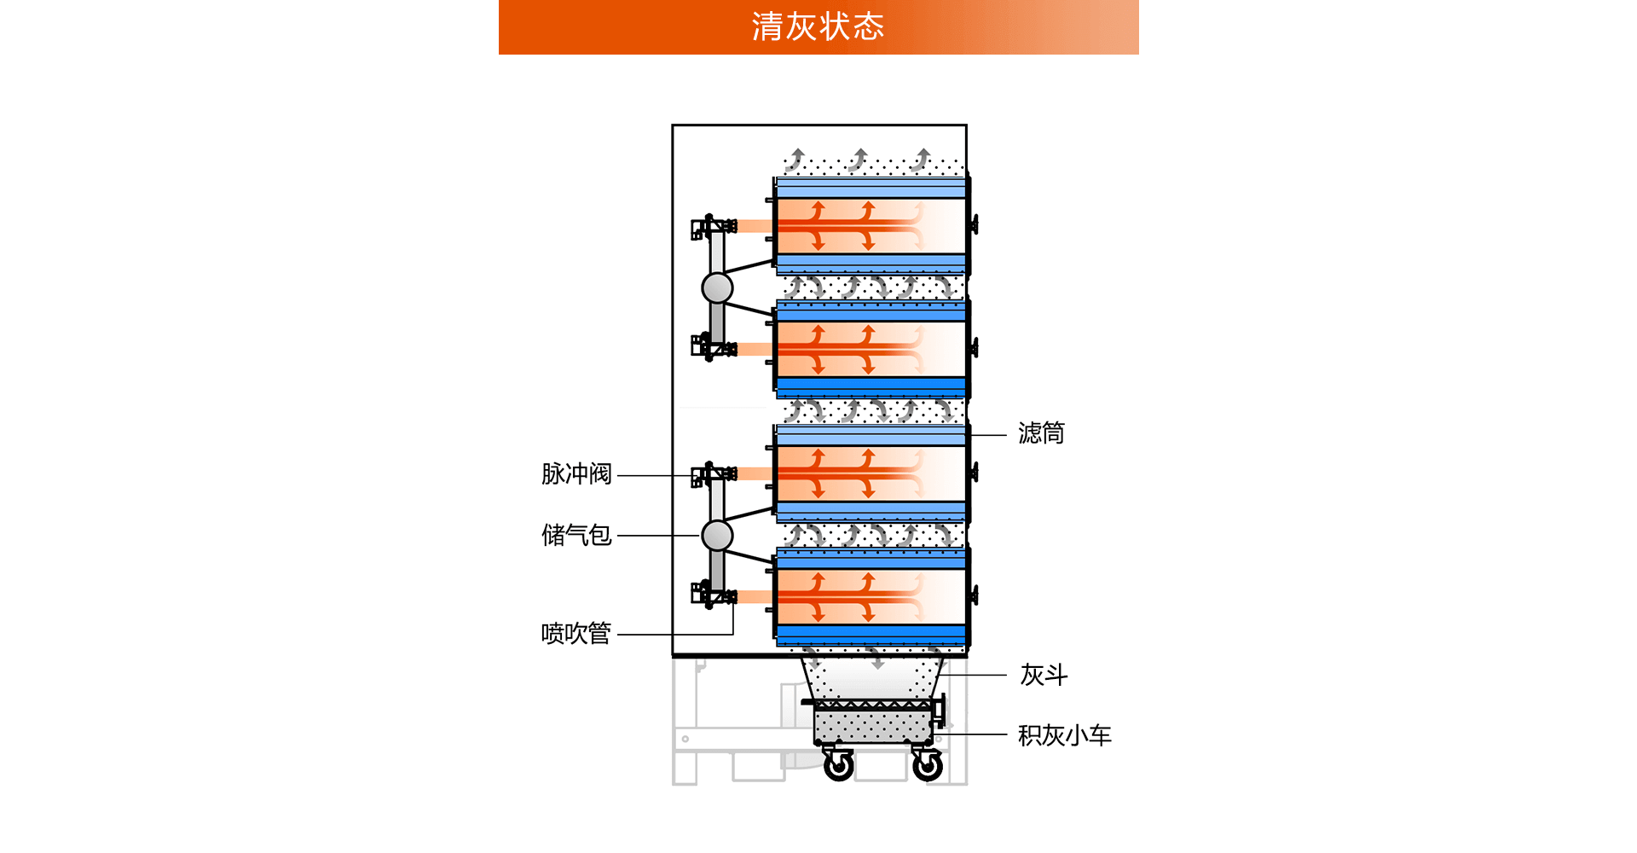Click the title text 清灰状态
[818, 26]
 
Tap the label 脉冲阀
[576, 474]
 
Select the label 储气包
[576, 536]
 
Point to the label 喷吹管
[576, 634]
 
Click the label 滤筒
[1041, 433]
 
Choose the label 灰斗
[1044, 675]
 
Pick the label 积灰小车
[1064, 735]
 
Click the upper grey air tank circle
[717, 288]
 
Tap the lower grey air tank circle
[717, 536]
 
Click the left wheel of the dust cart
[839, 765]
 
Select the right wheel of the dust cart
[928, 765]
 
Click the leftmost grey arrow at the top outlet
[796, 160]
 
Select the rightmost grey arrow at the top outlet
[922, 160]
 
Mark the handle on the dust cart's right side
[940, 711]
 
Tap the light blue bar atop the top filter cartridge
[871, 188]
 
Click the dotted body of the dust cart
[871, 727]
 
